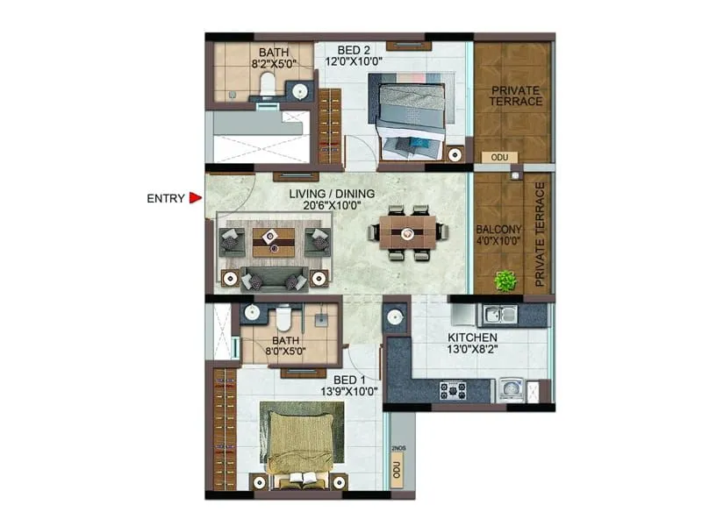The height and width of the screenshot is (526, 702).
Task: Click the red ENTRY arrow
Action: [x=196, y=198]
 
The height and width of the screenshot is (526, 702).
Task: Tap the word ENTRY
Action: [x=166, y=198]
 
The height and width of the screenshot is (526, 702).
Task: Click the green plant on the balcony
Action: [x=504, y=281]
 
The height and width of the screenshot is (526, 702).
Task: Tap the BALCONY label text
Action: [x=499, y=230]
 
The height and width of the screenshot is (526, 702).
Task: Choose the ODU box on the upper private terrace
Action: [x=500, y=157]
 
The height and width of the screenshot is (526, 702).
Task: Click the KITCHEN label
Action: [x=473, y=338]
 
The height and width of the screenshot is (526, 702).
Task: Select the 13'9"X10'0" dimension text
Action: [x=344, y=391]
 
